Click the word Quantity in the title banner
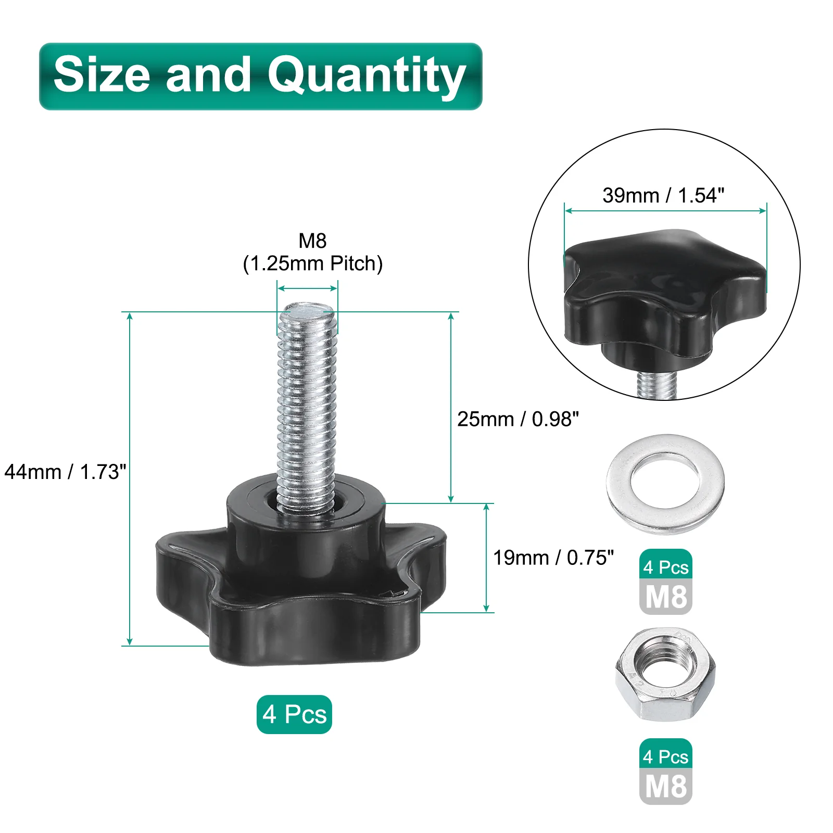point(367,77)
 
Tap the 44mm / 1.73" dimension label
point(65,472)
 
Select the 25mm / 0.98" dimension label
point(518,419)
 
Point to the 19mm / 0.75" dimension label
point(553,558)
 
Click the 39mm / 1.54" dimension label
point(663,195)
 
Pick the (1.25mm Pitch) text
point(313,264)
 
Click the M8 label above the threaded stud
point(312,241)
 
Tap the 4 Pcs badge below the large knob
point(294,714)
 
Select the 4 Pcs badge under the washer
point(666,565)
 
